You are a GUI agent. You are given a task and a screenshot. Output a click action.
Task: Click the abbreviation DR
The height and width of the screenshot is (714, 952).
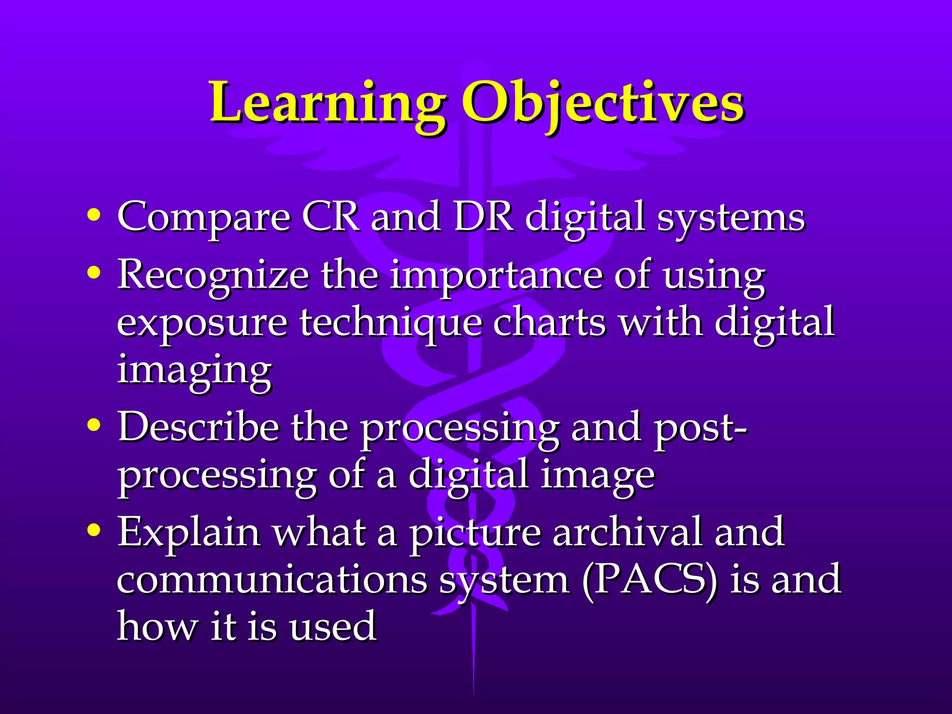483,216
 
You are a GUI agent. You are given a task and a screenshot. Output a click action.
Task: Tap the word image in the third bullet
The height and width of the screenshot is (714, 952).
597,476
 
